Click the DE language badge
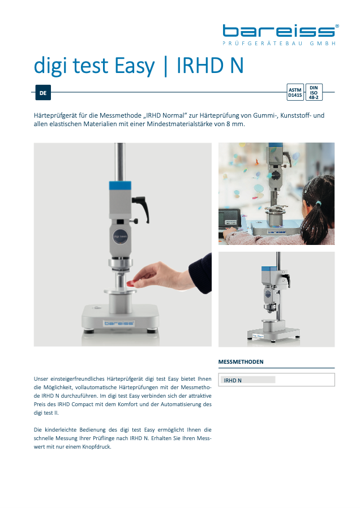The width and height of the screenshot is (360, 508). [x=43, y=93]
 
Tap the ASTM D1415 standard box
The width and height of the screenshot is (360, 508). [x=295, y=92]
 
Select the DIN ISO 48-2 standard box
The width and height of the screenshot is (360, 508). [x=314, y=92]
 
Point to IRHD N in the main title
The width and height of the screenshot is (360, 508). [x=210, y=65]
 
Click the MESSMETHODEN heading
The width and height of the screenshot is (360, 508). [x=241, y=362]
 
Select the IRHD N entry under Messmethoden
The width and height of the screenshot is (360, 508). [x=233, y=380]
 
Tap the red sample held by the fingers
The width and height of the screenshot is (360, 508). [x=131, y=284]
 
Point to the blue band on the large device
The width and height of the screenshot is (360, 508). [x=120, y=186]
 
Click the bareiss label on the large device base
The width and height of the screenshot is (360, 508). [x=119, y=323]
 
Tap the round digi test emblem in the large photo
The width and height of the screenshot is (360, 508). [x=120, y=236]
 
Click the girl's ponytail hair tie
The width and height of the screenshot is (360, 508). [x=319, y=204]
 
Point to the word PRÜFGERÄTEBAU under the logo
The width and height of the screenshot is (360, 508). [x=263, y=44]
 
